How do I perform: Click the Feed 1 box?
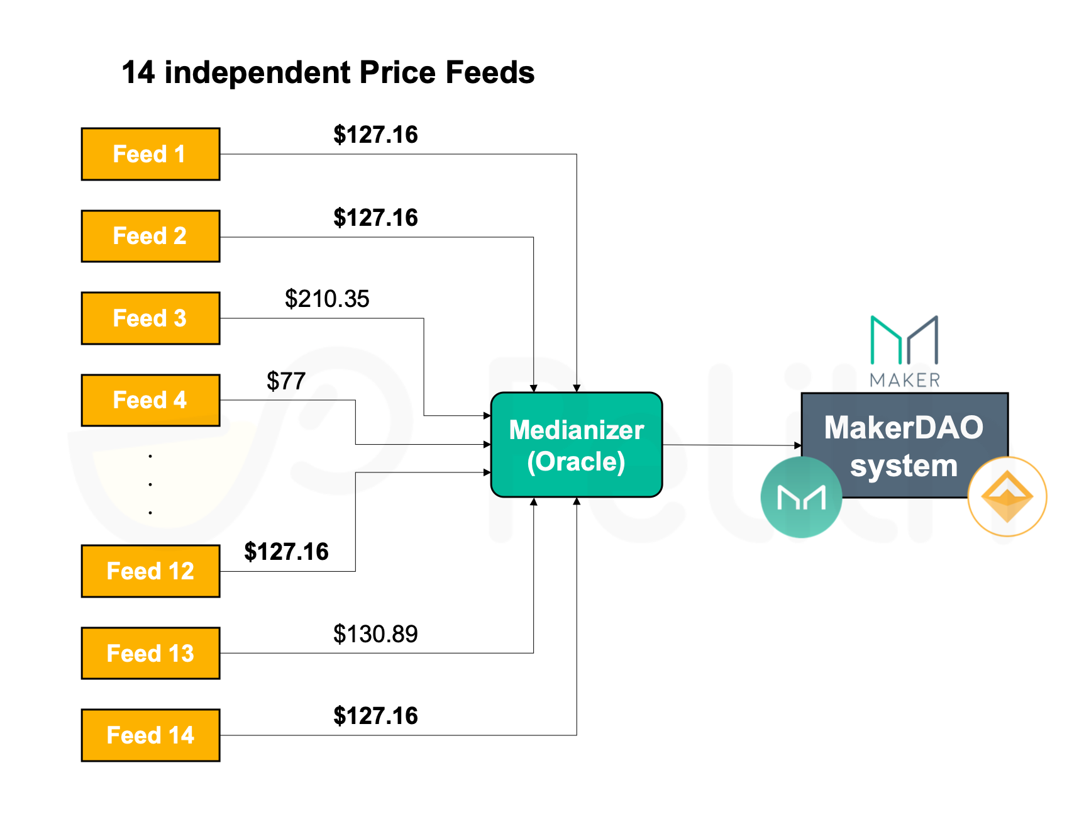click(x=151, y=154)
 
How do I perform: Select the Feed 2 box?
click(x=151, y=236)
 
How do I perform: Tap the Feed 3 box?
click(x=151, y=318)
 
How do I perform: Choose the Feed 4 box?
click(x=151, y=400)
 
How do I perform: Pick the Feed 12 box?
click(x=151, y=571)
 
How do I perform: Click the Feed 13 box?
click(x=151, y=653)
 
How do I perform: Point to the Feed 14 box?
click(x=151, y=735)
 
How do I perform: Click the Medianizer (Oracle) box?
click(x=577, y=445)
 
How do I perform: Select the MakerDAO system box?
click(x=904, y=445)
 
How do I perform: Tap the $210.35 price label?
click(x=327, y=299)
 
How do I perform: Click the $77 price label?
click(x=286, y=381)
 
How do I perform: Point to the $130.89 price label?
click(x=375, y=634)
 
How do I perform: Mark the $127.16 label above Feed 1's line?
click(x=375, y=135)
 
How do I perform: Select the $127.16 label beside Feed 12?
click(x=286, y=552)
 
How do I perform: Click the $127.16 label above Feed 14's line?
click(x=375, y=716)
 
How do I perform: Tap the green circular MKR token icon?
click(x=801, y=498)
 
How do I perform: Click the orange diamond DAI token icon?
click(x=1007, y=497)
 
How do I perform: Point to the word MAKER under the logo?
click(x=905, y=380)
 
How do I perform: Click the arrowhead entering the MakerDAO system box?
click(x=798, y=445)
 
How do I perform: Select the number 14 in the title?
click(x=138, y=72)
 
